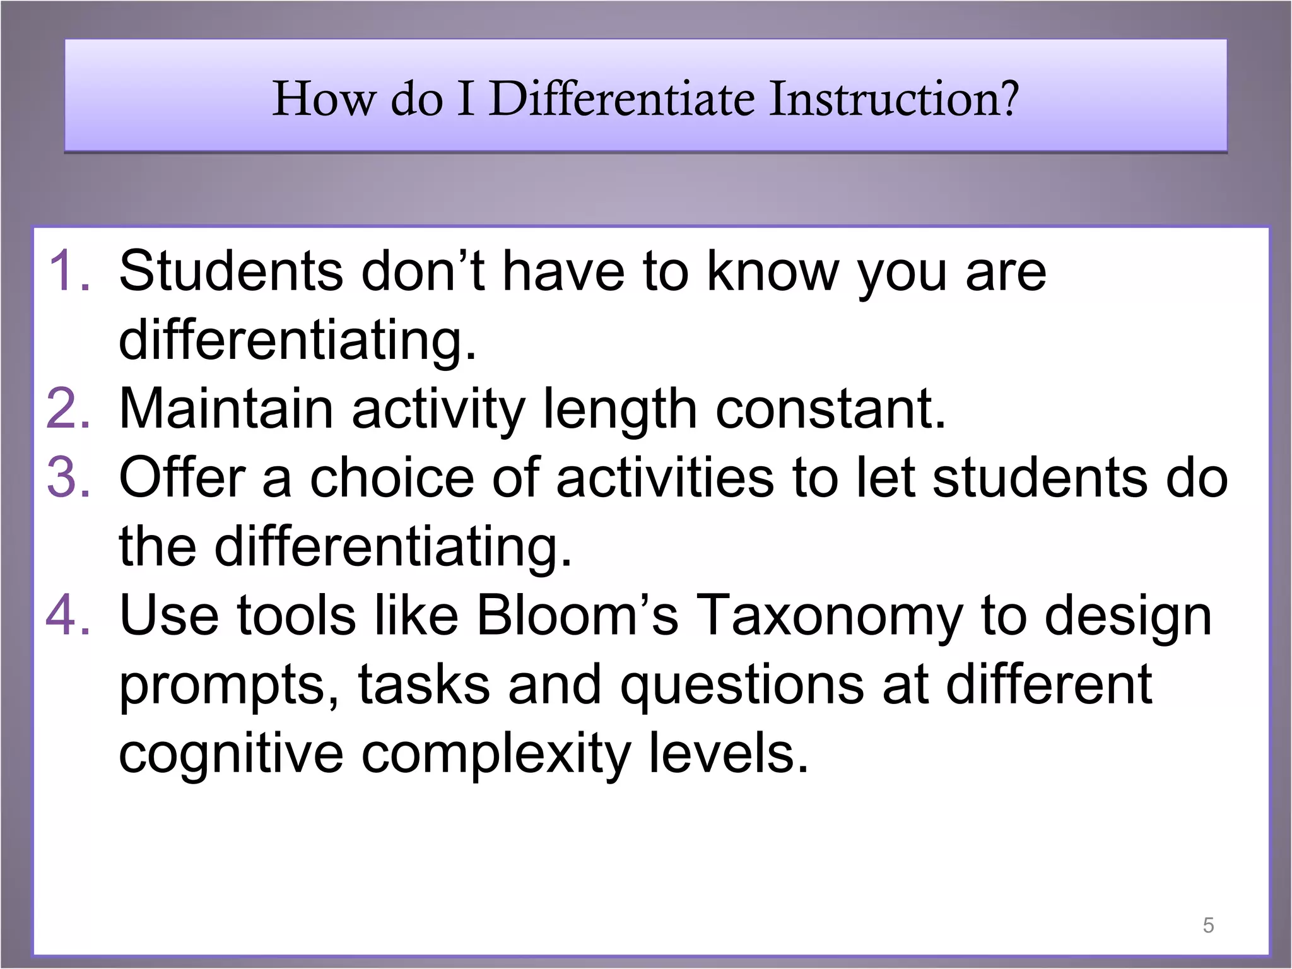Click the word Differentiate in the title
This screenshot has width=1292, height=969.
621,99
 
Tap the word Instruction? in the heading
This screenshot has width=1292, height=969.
894,99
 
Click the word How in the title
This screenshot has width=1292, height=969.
322,99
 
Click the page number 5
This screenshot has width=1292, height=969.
1208,925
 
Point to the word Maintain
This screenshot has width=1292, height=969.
226,409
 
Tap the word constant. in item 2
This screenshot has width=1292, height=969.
831,409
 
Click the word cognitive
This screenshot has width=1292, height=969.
231,755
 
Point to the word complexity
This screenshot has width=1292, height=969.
496,755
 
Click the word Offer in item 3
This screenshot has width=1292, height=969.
182,478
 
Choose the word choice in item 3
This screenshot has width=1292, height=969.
391,478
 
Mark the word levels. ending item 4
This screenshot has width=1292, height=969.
729,754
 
